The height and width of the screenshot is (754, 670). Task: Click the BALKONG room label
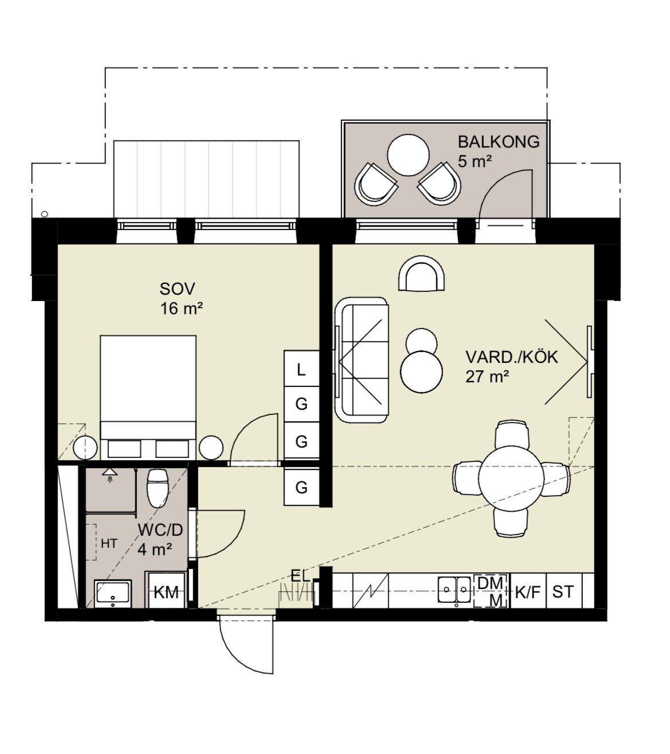coord(498,142)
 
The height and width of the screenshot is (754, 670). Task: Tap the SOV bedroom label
coord(177,289)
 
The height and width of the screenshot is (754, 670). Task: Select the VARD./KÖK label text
coord(512,357)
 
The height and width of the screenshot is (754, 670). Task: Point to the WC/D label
coord(160,530)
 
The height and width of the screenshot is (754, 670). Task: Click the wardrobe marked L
coord(301,369)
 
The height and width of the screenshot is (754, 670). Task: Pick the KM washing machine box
coord(167,592)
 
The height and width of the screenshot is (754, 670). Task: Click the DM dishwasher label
coord(490,583)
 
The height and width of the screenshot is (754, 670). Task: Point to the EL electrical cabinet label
coord(300,577)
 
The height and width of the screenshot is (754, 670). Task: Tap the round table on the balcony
coord(409,155)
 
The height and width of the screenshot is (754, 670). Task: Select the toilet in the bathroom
coord(157,488)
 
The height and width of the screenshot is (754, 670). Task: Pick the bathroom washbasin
coord(113,593)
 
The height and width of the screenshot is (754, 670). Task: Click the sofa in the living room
coord(362,360)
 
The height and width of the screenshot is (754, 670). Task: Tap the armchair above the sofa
coord(421,273)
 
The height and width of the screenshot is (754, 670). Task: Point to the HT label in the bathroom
coord(109,544)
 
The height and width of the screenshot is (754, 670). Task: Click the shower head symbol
coord(109,474)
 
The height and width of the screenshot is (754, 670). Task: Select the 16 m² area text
coord(182,309)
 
